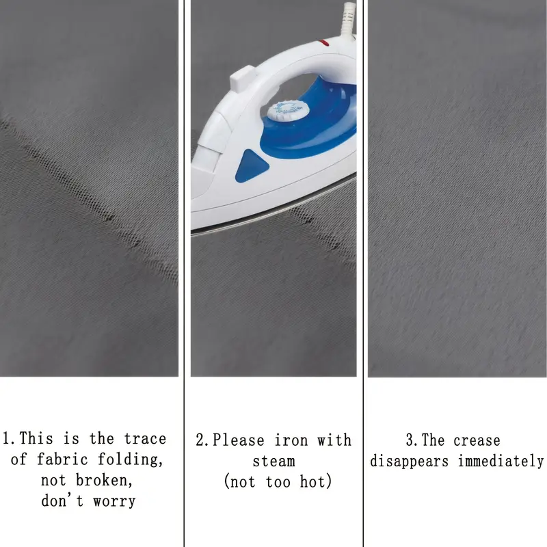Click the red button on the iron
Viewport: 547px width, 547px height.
pyautogui.click(x=324, y=43)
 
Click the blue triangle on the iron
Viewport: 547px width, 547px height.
pyautogui.click(x=251, y=165)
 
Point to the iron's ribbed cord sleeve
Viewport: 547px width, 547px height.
pyautogui.click(x=349, y=19)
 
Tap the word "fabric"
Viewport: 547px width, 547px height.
pyautogui.click(x=62, y=459)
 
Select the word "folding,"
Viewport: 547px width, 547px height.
pyautogui.click(x=130, y=459)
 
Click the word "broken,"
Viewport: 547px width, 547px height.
pyautogui.click(x=105, y=481)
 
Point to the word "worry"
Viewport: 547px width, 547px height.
pyautogui.click(x=114, y=502)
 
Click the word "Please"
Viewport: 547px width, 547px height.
pyautogui.click(x=238, y=440)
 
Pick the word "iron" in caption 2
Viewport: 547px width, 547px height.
pyautogui.click(x=291, y=440)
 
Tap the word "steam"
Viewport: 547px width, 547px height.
pyautogui.click(x=274, y=461)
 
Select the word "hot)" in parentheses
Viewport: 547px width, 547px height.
pyautogui.click(x=316, y=482)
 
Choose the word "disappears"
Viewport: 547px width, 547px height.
pyautogui.click(x=409, y=462)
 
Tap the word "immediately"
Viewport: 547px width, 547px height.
pyautogui.click(x=501, y=461)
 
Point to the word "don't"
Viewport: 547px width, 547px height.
pyautogui.click(x=62, y=501)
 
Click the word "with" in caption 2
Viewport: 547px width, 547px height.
pyautogui.click(x=334, y=440)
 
